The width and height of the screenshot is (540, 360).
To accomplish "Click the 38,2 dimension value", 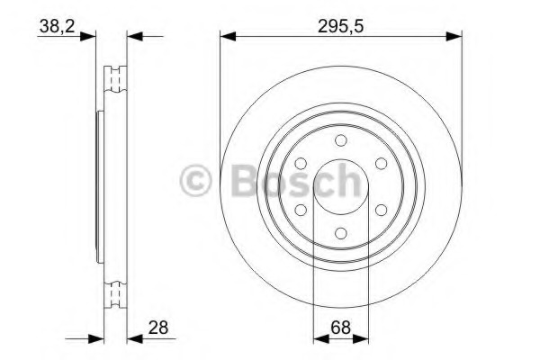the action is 57,26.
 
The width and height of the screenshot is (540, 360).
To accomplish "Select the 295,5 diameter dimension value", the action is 340,26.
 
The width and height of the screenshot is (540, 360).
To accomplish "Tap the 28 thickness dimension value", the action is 158,327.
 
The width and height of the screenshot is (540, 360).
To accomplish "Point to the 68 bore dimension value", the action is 340,327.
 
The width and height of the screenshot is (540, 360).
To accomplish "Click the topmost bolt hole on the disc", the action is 340,140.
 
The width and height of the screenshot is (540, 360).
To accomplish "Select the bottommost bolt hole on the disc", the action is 340,233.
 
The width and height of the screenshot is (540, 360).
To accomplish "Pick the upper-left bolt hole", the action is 301,164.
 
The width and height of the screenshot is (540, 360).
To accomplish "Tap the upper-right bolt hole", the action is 381,164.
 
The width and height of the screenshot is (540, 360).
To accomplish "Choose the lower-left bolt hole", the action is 301,210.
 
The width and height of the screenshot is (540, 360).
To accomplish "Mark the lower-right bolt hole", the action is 381,210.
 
